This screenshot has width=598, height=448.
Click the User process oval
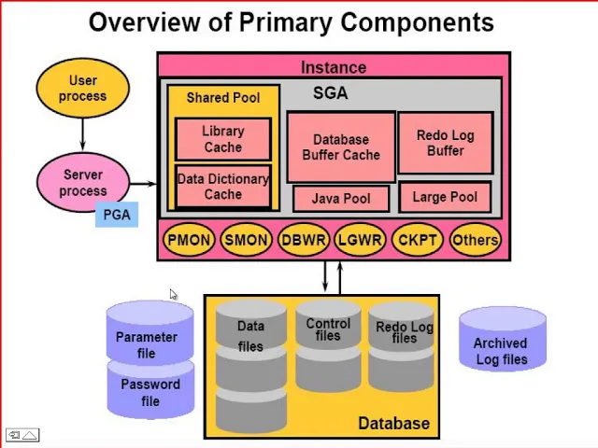(83, 88)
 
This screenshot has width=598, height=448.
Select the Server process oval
(83, 182)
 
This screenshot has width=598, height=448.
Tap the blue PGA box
(117, 215)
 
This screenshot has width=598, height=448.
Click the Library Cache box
(223, 139)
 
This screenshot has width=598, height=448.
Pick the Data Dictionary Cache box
(223, 187)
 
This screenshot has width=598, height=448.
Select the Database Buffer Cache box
(341, 147)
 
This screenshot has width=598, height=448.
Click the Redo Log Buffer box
(446, 143)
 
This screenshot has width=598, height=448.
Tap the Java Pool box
(341, 199)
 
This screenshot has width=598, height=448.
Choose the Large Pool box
(445, 197)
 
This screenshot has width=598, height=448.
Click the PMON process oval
(189, 240)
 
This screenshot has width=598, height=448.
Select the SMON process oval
(246, 240)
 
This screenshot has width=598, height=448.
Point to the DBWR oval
(303, 240)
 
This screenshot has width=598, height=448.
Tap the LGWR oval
(360, 240)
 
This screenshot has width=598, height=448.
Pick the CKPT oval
(418, 240)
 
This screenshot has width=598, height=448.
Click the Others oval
(475, 240)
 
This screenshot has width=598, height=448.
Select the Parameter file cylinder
(149, 332)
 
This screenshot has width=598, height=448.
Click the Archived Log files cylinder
(503, 340)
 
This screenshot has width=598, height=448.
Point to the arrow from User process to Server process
(83, 134)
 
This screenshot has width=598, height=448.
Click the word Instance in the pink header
(334, 67)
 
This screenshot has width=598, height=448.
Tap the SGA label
(330, 93)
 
